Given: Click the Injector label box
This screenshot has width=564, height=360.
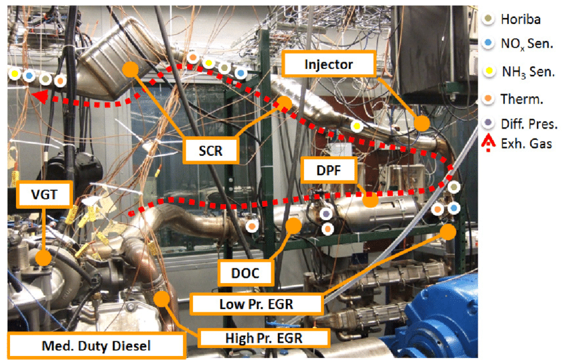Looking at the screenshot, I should (x=328, y=64).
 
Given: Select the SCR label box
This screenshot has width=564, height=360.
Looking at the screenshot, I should (x=212, y=151).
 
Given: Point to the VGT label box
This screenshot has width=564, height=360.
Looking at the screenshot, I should (x=45, y=194).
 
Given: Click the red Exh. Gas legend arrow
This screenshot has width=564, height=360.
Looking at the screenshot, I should (x=488, y=141).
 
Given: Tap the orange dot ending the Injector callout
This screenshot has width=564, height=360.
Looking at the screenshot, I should (x=422, y=123).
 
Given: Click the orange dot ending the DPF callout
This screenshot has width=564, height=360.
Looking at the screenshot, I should (x=371, y=200).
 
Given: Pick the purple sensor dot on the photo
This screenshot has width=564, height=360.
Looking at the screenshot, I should (x=326, y=215).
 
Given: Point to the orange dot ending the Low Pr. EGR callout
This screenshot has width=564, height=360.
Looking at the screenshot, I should (x=448, y=231).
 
